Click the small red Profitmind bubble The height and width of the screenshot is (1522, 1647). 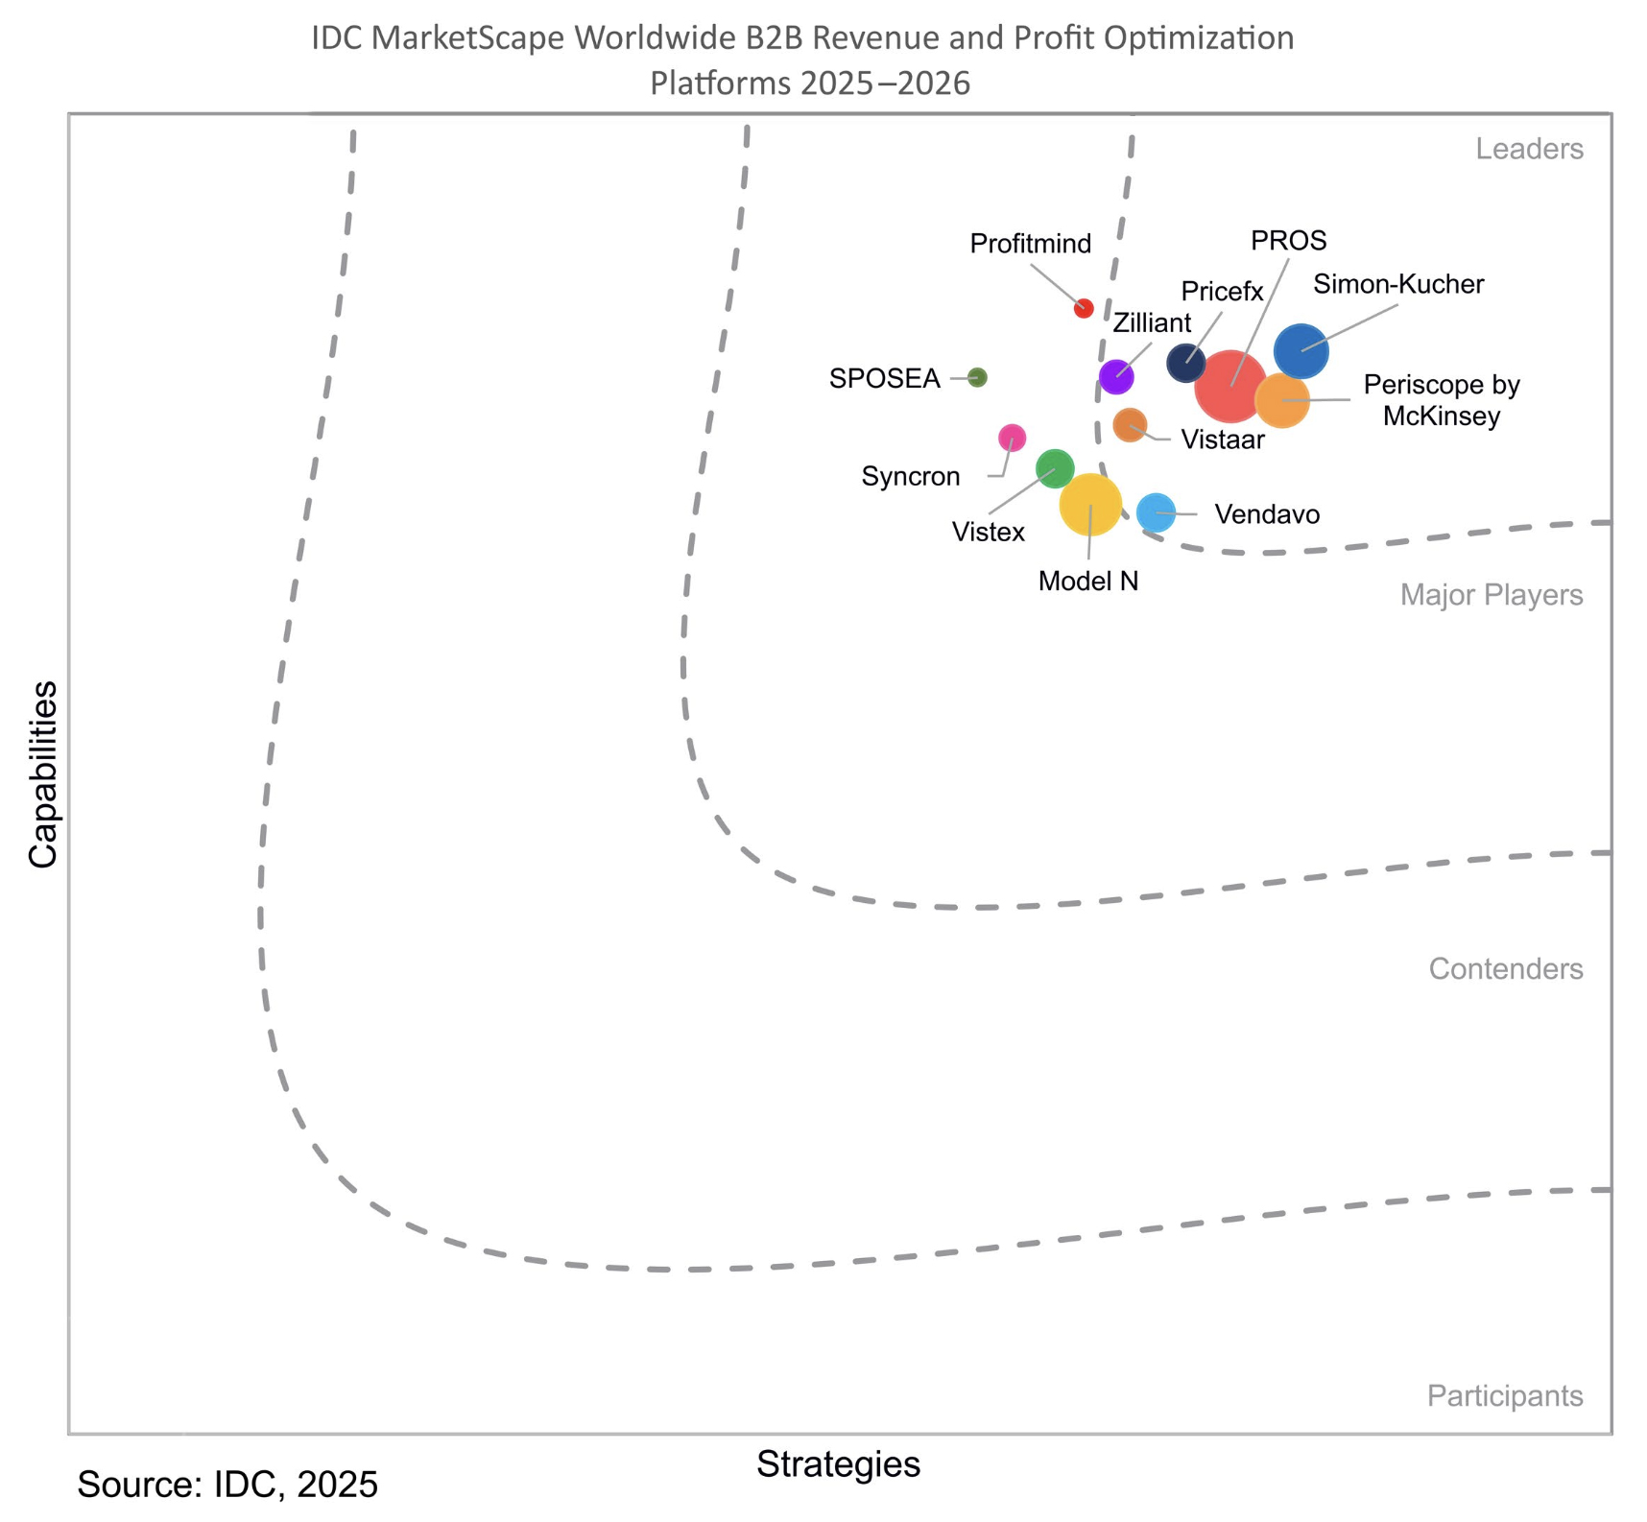click(x=1084, y=308)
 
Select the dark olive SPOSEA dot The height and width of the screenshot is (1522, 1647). click(x=977, y=377)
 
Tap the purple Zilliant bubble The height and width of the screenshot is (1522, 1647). click(x=1116, y=376)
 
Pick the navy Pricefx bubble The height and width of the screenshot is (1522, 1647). click(x=1185, y=363)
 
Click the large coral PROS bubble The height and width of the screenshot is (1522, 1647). click(x=1229, y=387)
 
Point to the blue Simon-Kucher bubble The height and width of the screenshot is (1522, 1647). click(x=1301, y=351)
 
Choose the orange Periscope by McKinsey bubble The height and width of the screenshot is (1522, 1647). click(x=1282, y=399)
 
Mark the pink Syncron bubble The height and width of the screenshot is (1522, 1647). click(x=1013, y=438)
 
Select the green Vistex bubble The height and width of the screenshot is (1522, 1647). click(x=1055, y=468)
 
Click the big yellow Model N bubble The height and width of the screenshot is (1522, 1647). click(x=1090, y=504)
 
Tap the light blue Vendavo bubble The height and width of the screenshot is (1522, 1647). click(x=1157, y=512)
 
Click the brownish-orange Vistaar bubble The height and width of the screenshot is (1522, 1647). click(x=1130, y=424)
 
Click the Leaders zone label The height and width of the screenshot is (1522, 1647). click(x=1529, y=149)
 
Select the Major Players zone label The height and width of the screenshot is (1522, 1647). click(x=1491, y=595)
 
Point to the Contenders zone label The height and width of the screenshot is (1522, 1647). click(x=1505, y=968)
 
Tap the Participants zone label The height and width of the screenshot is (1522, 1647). click(x=1504, y=1395)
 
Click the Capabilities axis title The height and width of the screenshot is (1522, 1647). click(x=43, y=773)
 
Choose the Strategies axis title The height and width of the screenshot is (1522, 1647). click(x=838, y=1463)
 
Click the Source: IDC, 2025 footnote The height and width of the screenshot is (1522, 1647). click(x=227, y=1484)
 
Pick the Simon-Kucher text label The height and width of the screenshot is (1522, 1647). click(x=1398, y=284)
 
